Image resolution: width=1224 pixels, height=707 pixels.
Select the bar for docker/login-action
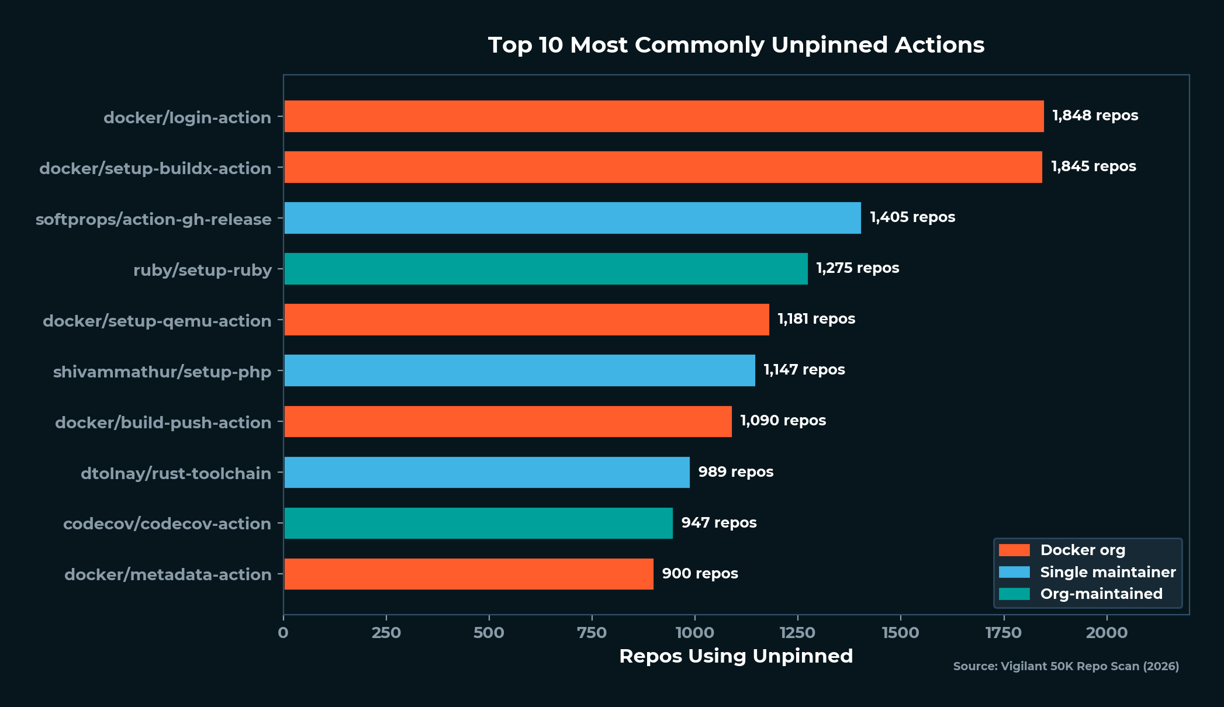point(663,116)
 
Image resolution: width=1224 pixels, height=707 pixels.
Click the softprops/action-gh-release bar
point(572,218)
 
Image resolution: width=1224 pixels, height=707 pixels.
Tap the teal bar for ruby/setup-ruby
point(545,269)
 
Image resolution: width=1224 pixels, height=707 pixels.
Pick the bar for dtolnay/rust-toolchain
point(486,472)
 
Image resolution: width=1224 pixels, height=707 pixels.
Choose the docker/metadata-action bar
point(468,574)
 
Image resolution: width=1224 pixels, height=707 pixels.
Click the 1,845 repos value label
point(1093,167)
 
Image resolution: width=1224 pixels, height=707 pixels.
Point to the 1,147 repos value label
point(804,370)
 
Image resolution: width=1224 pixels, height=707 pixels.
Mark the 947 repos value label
point(718,523)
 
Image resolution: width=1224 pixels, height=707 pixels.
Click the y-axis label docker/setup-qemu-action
point(157,321)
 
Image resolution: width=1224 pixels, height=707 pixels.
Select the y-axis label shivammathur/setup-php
point(162,372)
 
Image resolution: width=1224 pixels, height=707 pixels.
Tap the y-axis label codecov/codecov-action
point(167,524)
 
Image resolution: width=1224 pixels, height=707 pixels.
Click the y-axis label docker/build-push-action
point(163,422)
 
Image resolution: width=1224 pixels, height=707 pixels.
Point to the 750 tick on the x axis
point(592,633)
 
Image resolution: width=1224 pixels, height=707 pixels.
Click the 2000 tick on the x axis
point(1106,633)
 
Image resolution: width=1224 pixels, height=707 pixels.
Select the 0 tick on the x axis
point(283,633)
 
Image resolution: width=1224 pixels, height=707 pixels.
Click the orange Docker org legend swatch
point(1014,550)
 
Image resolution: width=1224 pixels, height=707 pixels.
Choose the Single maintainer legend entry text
point(1108,572)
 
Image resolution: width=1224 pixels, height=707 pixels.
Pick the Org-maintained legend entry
point(1101,594)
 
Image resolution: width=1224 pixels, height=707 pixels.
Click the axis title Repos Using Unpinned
point(736,656)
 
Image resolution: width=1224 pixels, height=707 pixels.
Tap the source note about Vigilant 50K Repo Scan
point(1066,666)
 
